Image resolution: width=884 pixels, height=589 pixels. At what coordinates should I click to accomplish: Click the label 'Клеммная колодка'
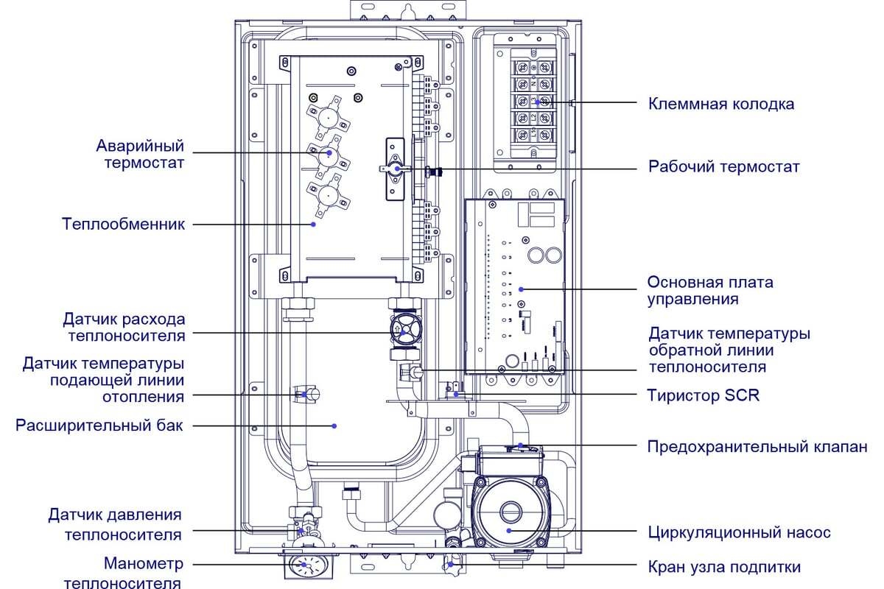click(721, 104)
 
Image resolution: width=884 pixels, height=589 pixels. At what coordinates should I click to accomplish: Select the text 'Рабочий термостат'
click(723, 167)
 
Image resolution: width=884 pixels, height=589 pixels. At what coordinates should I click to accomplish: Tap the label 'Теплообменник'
click(123, 224)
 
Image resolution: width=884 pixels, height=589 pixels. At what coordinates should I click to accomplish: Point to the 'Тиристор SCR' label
click(704, 395)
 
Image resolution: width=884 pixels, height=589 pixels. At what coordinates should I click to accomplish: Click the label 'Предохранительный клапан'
click(757, 447)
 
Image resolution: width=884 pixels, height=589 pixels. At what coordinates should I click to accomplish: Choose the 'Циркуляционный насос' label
click(739, 532)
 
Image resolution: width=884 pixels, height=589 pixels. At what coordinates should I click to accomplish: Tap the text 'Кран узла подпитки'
click(724, 567)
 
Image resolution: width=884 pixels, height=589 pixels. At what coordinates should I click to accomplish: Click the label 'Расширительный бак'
click(99, 426)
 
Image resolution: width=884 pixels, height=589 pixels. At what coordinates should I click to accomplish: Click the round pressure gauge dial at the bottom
click(303, 566)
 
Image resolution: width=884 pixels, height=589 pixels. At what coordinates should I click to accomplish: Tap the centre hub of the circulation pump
click(511, 512)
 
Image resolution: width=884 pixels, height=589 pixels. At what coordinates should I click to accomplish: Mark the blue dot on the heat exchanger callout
click(313, 225)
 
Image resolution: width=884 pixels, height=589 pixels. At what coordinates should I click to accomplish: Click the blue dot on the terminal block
click(537, 102)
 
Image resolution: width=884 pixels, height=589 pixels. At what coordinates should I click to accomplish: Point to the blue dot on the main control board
click(521, 289)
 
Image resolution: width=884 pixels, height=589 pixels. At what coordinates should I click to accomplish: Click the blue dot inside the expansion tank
click(334, 426)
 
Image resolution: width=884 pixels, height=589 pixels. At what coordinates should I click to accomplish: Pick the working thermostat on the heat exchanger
click(395, 169)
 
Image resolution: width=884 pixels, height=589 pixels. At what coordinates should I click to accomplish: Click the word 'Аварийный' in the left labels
click(140, 146)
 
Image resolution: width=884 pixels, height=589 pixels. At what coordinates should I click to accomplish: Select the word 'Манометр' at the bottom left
click(144, 563)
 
